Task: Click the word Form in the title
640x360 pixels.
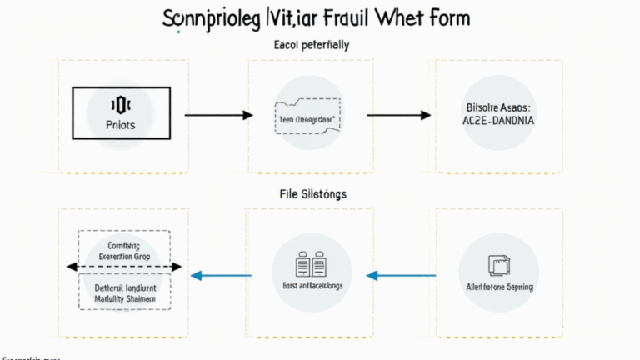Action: coord(445,17)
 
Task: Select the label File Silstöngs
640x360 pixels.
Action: coord(312,193)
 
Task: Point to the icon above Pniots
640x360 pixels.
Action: coord(122,105)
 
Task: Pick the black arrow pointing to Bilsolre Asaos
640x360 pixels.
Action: coord(399,114)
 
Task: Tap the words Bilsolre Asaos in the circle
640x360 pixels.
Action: coord(498,107)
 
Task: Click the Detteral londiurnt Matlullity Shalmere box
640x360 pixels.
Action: coord(123,291)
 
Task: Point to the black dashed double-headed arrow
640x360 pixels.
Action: coord(123,267)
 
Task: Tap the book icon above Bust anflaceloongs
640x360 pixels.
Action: coord(309,266)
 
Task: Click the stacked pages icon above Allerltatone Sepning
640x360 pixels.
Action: coord(498,265)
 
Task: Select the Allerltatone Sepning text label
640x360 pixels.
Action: coord(498,287)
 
